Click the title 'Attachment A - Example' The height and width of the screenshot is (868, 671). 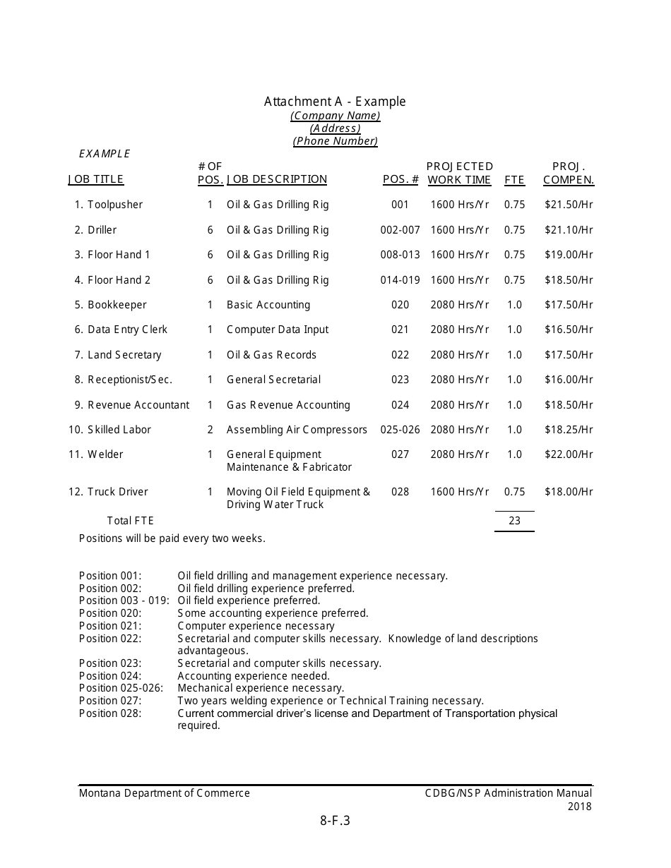pyautogui.click(x=335, y=102)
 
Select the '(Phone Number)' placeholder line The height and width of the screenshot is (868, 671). pyautogui.click(x=335, y=141)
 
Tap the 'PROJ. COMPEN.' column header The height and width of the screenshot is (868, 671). pyautogui.click(x=568, y=174)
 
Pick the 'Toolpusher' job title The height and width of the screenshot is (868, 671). pyautogui.click(x=114, y=205)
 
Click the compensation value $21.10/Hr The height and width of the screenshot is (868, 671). pyautogui.click(x=569, y=230)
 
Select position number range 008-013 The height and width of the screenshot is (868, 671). pyautogui.click(x=400, y=255)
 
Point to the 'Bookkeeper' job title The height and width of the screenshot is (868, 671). pyautogui.click(x=117, y=305)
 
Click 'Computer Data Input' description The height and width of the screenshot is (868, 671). pyautogui.click(x=277, y=330)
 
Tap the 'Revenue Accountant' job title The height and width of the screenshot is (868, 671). pyautogui.click(x=138, y=405)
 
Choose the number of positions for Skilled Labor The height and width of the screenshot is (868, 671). pyautogui.click(x=210, y=430)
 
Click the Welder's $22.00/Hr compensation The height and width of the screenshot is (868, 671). pyautogui.click(x=569, y=454)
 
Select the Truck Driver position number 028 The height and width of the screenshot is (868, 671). pyautogui.click(x=400, y=492)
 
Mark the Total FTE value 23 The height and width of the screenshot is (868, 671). pyautogui.click(x=514, y=521)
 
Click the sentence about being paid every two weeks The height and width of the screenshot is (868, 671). pyautogui.click(x=172, y=538)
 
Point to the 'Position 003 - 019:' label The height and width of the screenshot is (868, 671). pyautogui.click(x=124, y=601)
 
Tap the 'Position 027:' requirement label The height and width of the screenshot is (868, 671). pyautogui.click(x=110, y=701)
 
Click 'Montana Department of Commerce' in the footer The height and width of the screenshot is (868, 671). pyautogui.click(x=164, y=793)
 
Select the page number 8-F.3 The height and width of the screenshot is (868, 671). pyautogui.click(x=335, y=820)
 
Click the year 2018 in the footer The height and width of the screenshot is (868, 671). pyautogui.click(x=579, y=806)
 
